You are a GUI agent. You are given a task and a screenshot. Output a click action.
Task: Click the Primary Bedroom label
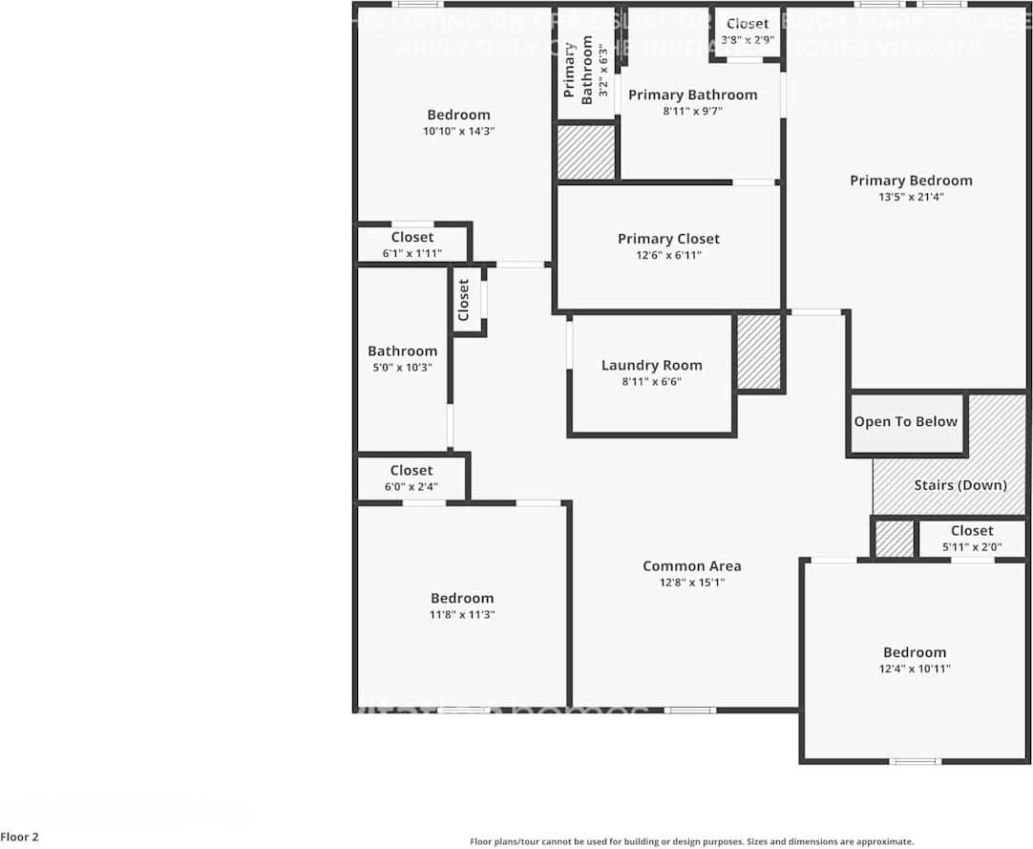[x=911, y=180]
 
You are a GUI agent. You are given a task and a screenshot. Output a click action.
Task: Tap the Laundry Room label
[x=651, y=366]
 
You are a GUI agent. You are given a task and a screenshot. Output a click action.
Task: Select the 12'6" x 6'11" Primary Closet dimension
[x=668, y=255]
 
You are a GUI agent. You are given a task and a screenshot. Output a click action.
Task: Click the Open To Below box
[x=905, y=422]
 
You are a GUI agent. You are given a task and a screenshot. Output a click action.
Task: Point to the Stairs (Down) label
[x=959, y=485]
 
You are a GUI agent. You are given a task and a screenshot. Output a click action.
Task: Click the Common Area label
[x=691, y=566]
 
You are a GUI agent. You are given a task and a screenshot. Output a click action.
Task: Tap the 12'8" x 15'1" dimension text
[x=691, y=583]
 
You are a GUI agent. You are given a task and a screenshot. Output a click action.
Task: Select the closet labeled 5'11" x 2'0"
[x=972, y=539]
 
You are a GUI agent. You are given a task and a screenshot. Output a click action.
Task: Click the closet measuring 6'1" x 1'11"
[x=411, y=244]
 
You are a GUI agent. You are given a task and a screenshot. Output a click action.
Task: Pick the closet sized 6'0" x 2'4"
[x=411, y=478]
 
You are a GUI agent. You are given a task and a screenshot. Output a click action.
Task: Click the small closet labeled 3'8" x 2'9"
[x=747, y=32]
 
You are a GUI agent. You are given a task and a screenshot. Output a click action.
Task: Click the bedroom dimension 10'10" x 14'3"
[x=458, y=131]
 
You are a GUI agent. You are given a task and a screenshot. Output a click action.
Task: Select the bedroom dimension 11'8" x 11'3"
[x=462, y=615]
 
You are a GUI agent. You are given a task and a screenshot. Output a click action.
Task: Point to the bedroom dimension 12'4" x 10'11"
[x=915, y=669]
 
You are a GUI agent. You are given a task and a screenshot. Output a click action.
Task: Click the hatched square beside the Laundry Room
[x=760, y=352]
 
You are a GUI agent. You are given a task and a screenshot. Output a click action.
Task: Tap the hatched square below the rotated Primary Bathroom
[x=586, y=152]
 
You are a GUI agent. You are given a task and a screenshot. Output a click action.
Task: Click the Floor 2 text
[x=20, y=837]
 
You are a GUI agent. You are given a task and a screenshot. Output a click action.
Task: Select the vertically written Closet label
[x=464, y=299]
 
